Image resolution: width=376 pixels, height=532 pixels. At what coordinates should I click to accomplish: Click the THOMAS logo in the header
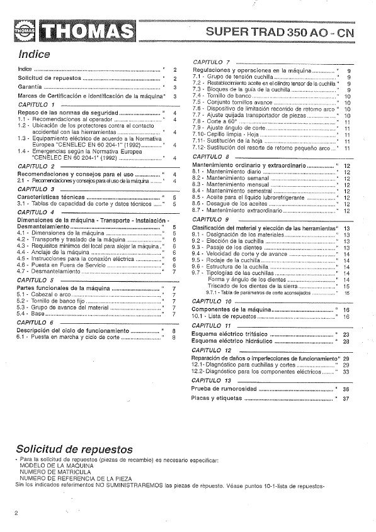(x=74, y=30)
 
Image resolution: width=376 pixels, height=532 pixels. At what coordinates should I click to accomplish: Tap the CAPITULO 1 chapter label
(x=37, y=104)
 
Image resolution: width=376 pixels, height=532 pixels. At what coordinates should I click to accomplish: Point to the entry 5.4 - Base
(x=28, y=313)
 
